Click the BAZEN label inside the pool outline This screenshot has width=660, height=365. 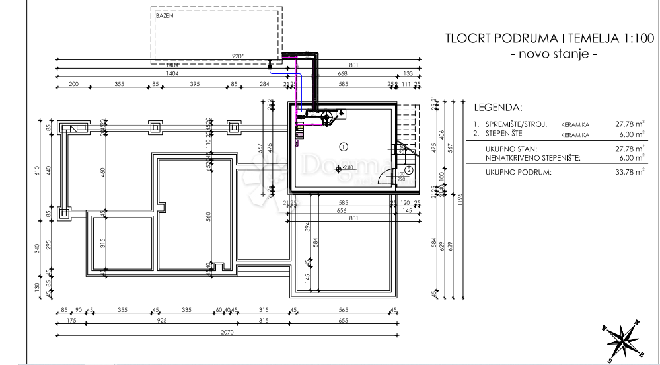click(165, 15)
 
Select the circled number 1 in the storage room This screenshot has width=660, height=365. click(342, 145)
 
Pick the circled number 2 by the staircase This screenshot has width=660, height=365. click(409, 170)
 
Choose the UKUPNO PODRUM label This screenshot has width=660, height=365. click(518, 172)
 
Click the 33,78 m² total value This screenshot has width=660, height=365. click(628, 172)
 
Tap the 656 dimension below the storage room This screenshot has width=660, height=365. click(341, 210)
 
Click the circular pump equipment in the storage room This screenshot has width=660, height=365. click(326, 117)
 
